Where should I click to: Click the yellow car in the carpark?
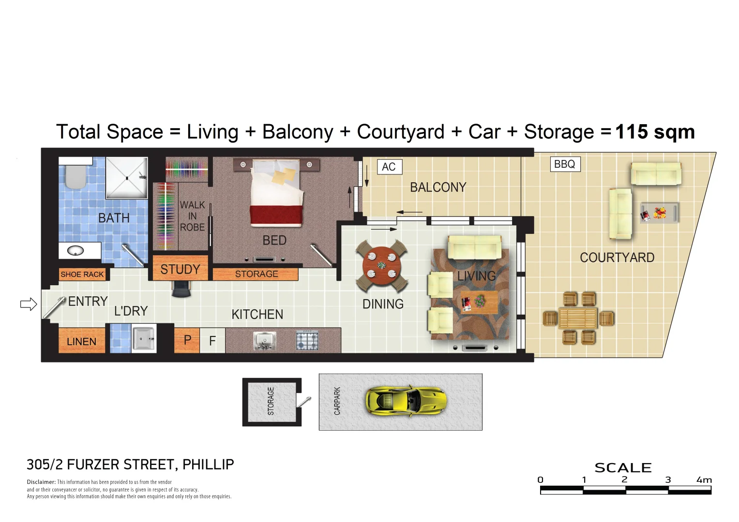click(405, 401)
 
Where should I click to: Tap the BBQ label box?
click(564, 164)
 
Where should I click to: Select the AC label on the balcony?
click(389, 167)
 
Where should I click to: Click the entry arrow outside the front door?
click(29, 304)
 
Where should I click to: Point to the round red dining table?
click(382, 265)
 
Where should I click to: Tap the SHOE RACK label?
click(82, 275)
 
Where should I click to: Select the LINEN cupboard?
click(81, 341)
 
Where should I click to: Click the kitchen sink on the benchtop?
click(265, 341)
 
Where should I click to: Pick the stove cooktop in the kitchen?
click(307, 341)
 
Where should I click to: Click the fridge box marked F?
click(212, 341)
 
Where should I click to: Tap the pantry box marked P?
click(187, 340)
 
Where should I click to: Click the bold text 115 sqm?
click(655, 132)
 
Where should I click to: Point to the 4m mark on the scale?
click(704, 480)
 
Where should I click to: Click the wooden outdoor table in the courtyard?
click(578, 319)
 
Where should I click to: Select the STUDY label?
click(180, 269)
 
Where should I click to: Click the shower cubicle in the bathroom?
click(126, 177)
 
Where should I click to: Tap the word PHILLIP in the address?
click(208, 464)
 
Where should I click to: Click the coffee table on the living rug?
click(479, 302)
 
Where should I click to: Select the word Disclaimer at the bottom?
click(41, 482)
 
